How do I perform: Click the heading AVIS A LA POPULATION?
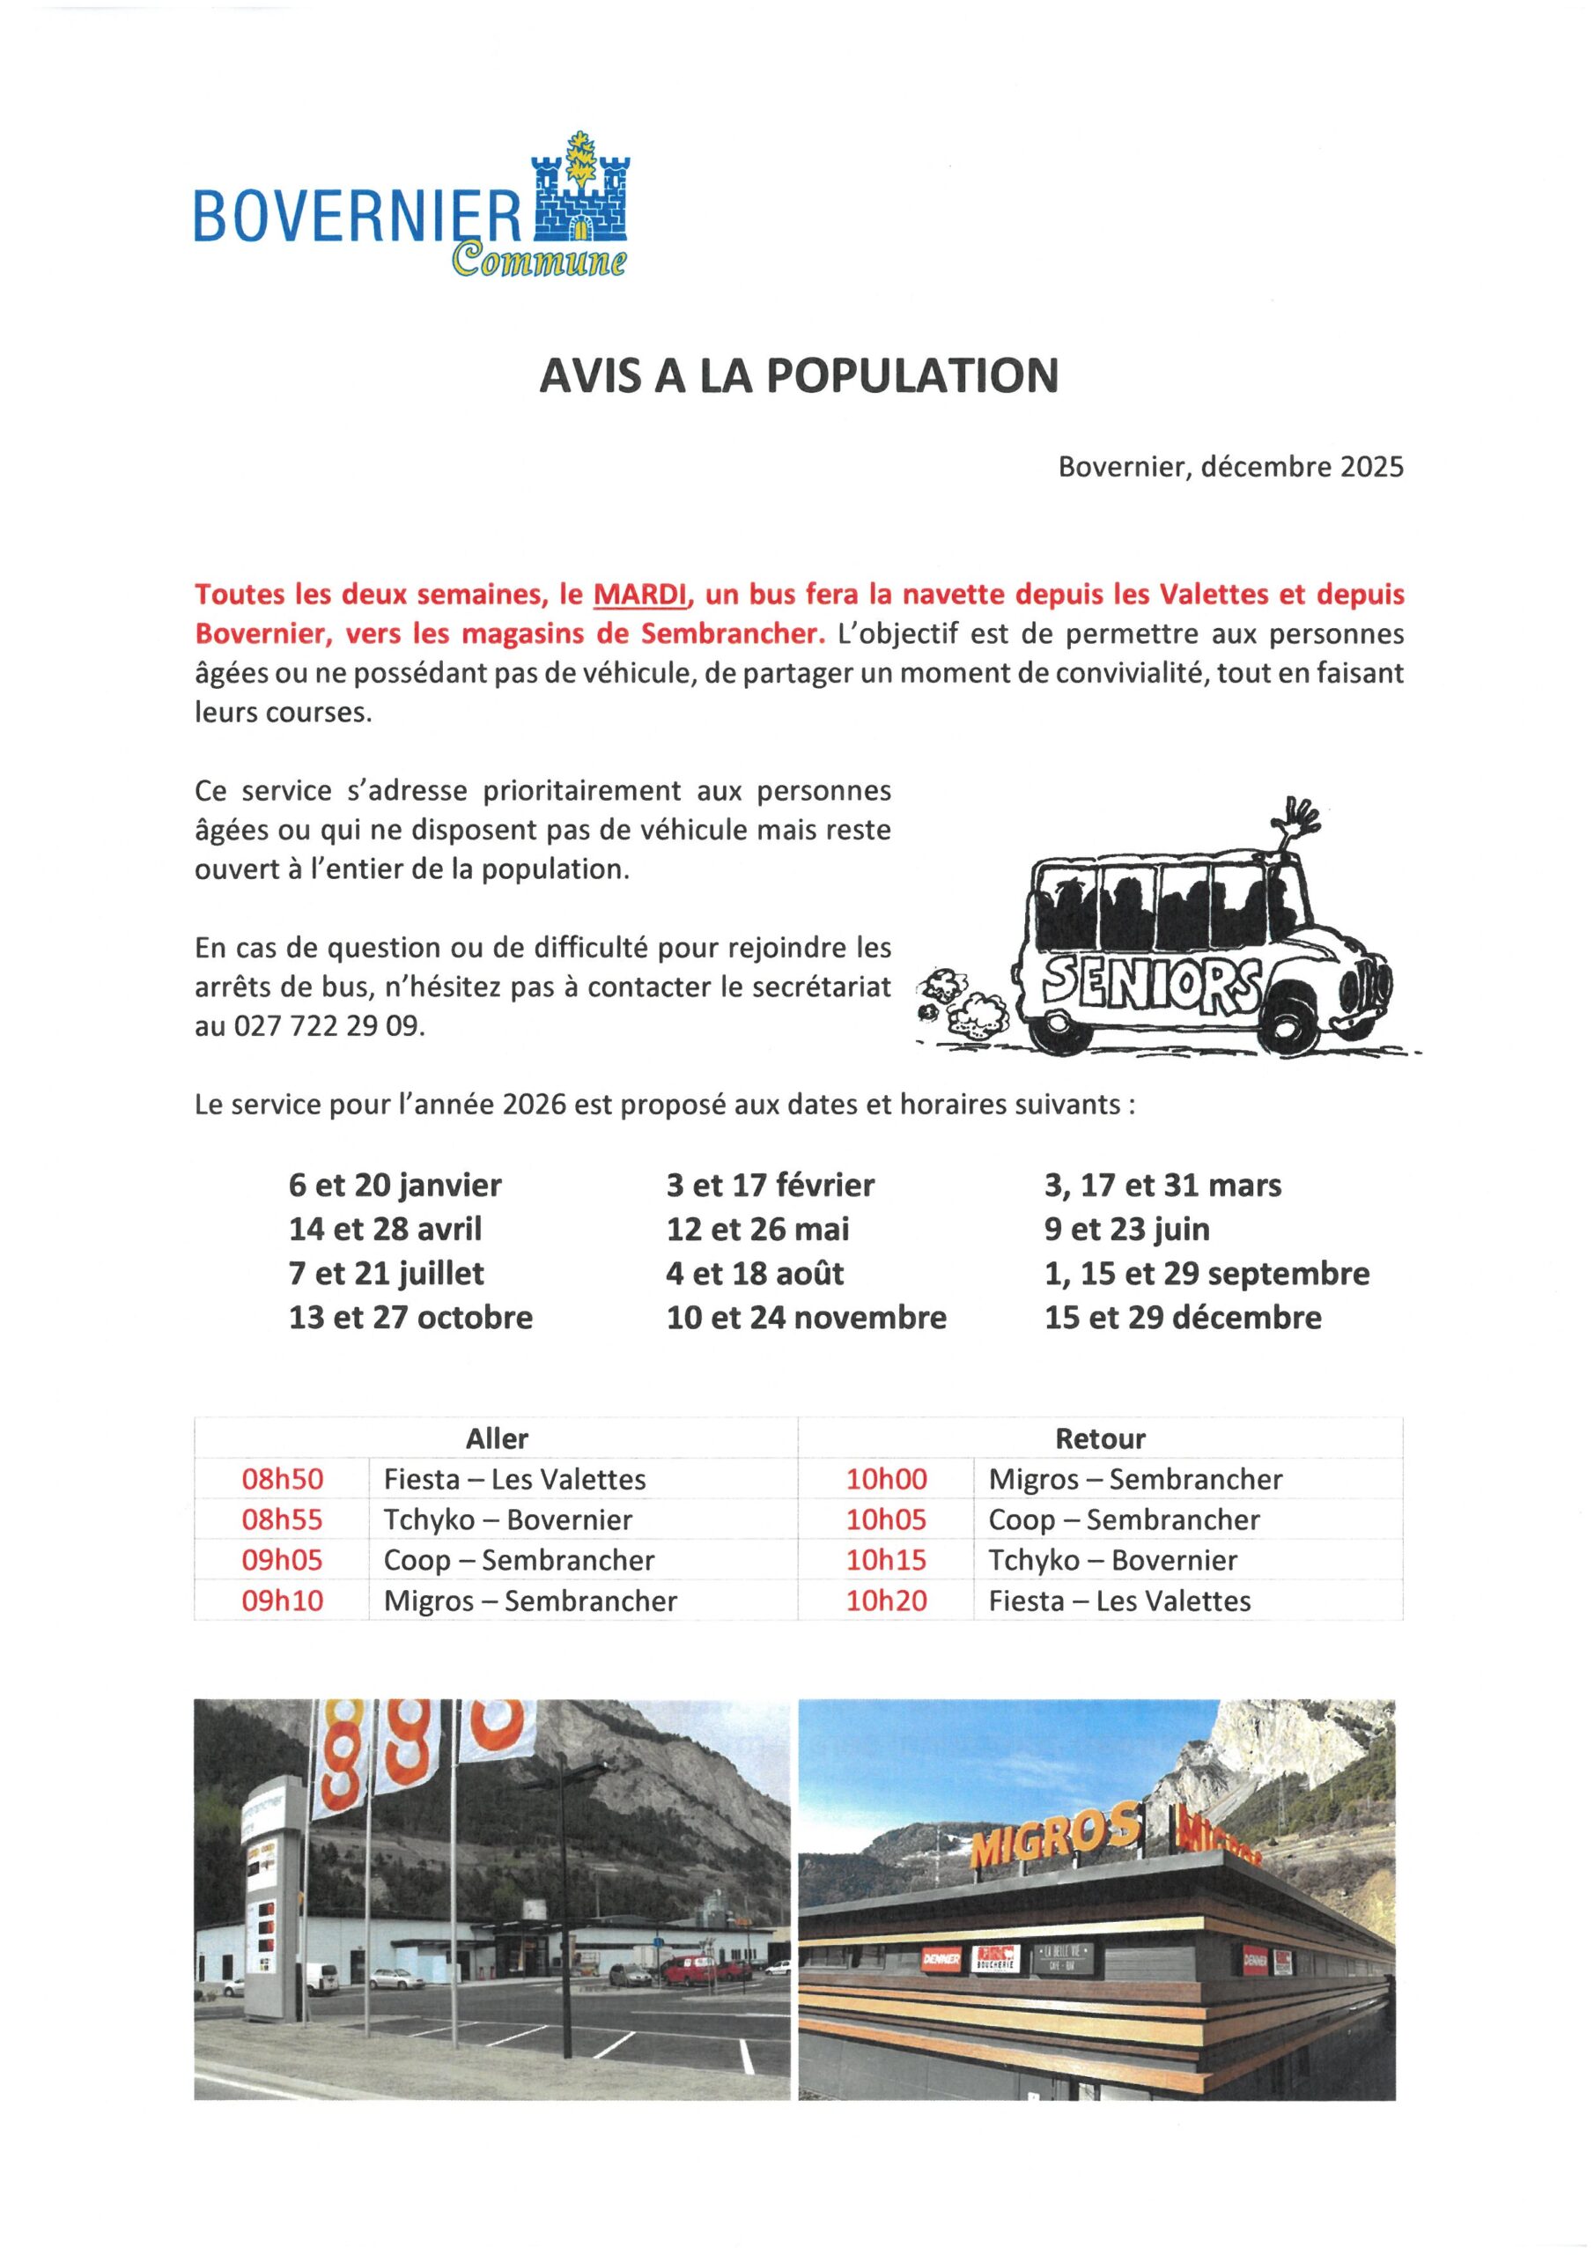(x=799, y=375)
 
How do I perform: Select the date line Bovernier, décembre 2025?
(x=1230, y=467)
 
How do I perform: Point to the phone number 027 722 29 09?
(x=328, y=1026)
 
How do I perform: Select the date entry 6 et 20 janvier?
(x=395, y=1186)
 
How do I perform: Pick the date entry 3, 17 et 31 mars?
(x=1162, y=1186)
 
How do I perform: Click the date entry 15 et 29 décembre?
(x=1183, y=1317)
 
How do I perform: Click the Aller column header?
(x=496, y=1438)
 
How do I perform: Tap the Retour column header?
(x=1100, y=1438)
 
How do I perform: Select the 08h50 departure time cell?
(x=283, y=1479)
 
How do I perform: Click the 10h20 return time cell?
(x=887, y=1601)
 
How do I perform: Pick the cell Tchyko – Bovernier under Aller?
(x=508, y=1520)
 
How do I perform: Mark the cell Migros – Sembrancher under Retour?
(x=1135, y=1479)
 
